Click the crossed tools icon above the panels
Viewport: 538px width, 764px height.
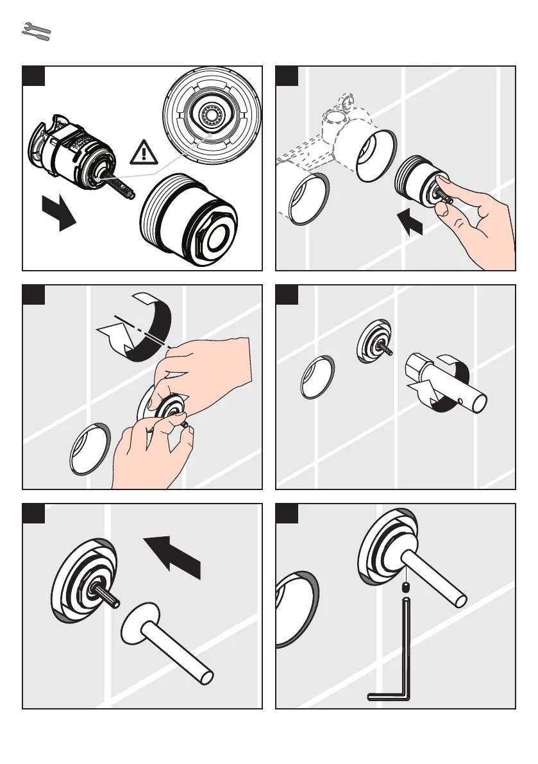tap(36, 32)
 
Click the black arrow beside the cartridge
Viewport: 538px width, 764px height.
tap(59, 214)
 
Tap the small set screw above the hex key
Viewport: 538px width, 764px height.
tap(405, 587)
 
